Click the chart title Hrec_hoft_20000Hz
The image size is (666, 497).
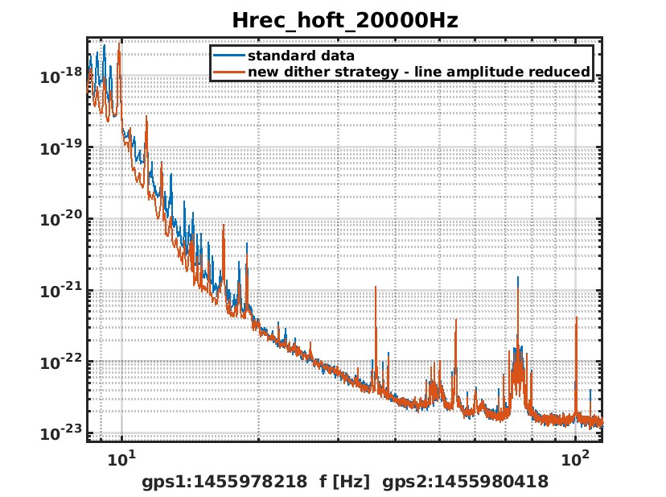pos(344,20)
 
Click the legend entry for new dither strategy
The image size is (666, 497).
pos(418,72)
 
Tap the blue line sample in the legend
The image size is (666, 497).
pos(228,56)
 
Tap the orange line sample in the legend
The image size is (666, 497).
pos(228,72)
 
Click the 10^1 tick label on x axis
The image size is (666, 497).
pos(121,460)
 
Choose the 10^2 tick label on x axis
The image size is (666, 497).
pos(576,460)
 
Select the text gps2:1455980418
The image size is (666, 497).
pos(465,482)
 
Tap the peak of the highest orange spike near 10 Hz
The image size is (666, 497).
pos(119,45)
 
